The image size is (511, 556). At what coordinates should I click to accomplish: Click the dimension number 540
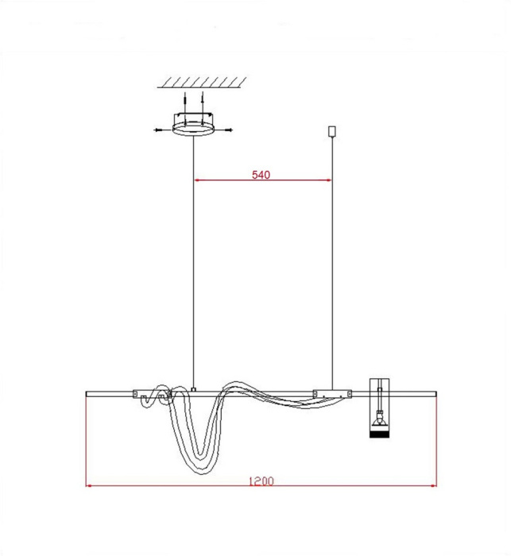click(261, 175)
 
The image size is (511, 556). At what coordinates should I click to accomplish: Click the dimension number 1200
click(261, 481)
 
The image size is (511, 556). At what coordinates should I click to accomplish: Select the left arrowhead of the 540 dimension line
click(199, 180)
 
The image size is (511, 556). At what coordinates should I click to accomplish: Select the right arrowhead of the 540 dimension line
click(328, 180)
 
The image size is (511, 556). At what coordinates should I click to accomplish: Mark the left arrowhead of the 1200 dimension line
click(90, 486)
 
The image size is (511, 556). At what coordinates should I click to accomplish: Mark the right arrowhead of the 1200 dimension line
click(432, 486)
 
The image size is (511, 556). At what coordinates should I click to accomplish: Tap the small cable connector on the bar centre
click(194, 388)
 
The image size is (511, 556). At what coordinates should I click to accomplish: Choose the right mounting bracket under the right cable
click(332, 392)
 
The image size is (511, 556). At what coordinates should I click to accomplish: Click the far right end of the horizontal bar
click(436, 392)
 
